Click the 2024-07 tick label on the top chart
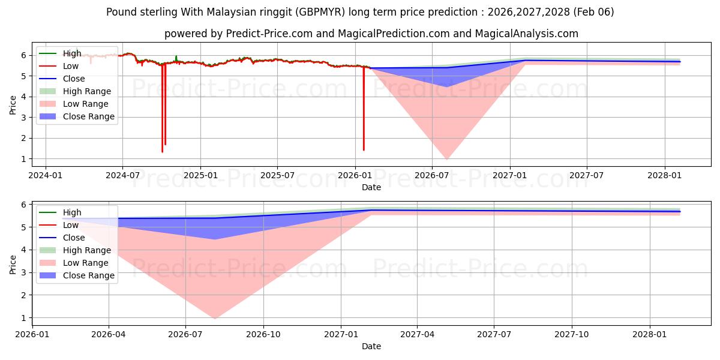tap(122, 175)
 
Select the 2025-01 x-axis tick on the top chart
tap(200, 175)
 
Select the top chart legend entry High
tap(72, 53)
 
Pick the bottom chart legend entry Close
tap(74, 238)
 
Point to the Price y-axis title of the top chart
tap(13, 104)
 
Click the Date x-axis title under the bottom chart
tap(371, 346)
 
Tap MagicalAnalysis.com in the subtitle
tap(527, 34)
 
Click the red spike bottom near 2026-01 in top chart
tap(364, 149)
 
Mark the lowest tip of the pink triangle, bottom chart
tap(214, 319)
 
